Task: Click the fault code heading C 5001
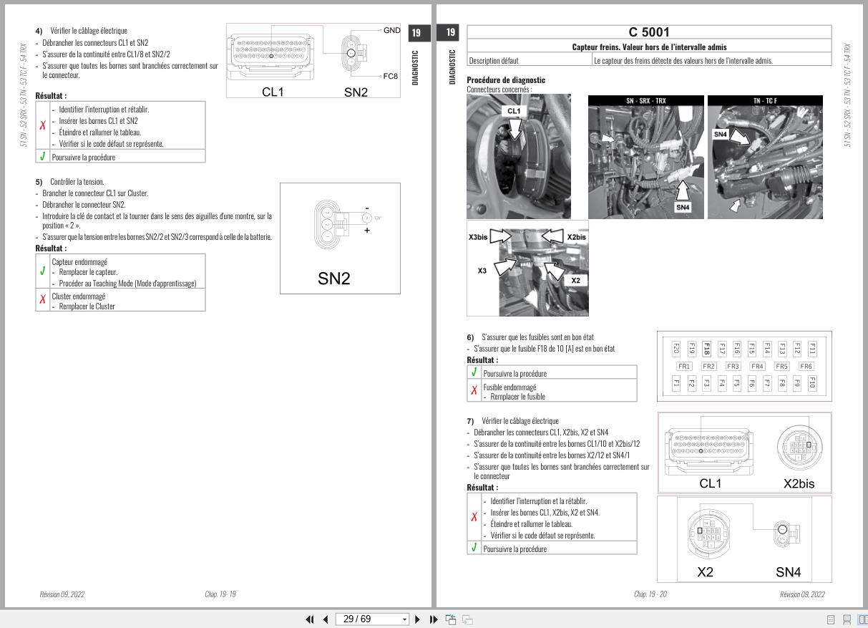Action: point(649,32)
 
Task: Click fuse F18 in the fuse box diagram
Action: point(706,349)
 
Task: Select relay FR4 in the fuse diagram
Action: point(757,367)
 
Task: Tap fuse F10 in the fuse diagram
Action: point(811,383)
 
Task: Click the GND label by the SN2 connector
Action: point(391,31)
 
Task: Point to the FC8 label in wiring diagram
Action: point(391,75)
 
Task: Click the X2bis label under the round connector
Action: point(799,483)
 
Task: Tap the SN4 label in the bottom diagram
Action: point(788,572)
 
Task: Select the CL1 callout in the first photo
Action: point(514,111)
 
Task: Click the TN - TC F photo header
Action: point(765,101)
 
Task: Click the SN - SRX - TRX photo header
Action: point(645,101)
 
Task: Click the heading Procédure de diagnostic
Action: point(506,80)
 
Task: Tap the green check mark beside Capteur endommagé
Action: point(43,271)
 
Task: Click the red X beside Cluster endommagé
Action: point(43,300)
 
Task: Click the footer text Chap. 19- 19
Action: point(220,594)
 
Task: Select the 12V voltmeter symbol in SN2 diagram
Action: point(367,218)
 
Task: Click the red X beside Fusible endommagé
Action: point(474,390)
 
